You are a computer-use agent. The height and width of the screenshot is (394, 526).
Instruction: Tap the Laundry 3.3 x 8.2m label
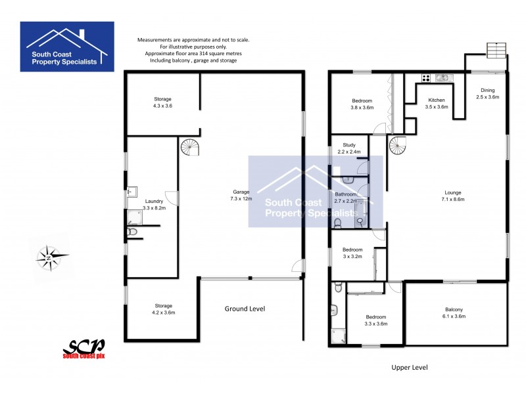pos(154,204)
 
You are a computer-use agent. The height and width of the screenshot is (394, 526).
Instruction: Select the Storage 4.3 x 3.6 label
pos(162,102)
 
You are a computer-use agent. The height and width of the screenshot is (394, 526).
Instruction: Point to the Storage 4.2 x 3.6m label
pos(163,309)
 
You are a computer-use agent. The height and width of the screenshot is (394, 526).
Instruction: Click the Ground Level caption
pos(245,309)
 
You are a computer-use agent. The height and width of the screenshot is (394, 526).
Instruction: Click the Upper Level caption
pos(409,368)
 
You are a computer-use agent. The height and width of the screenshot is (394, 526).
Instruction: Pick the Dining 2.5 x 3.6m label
pos(487,93)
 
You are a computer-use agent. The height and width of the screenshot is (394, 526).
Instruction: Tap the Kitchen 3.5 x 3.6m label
pos(437,103)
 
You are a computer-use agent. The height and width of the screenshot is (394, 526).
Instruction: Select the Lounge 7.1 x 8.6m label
pos(449,196)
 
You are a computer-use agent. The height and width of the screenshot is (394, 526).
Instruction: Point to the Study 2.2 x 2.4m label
pos(349,148)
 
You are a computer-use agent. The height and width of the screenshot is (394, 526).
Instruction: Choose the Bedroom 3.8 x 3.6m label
pos(362,104)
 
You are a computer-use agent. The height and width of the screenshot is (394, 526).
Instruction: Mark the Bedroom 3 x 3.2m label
pos(352,253)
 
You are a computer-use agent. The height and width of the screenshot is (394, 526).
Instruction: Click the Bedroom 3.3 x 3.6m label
pos(375,320)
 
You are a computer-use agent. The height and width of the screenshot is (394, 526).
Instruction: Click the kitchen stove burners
pos(425,78)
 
